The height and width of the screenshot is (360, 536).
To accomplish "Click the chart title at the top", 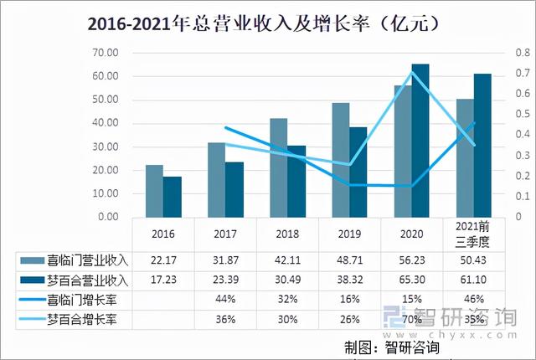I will [x=267, y=23].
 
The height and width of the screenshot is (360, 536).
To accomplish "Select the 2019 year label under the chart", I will [x=349, y=235].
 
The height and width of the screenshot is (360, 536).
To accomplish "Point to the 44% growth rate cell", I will [x=224, y=299].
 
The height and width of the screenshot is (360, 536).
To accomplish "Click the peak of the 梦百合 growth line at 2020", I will [x=411, y=72].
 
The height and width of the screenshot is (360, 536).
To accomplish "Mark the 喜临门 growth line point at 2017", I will [x=225, y=127].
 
